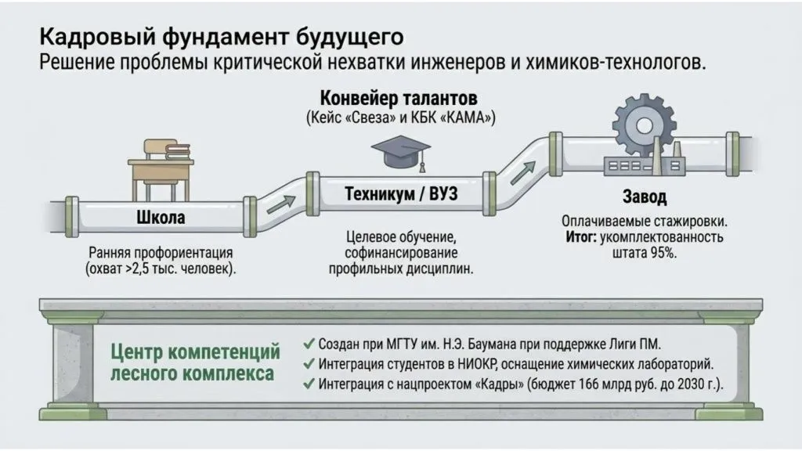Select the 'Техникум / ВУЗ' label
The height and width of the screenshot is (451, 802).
coord(401,194)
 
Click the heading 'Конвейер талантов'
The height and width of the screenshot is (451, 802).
coord(398,99)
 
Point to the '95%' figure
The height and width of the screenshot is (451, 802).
coord(664,253)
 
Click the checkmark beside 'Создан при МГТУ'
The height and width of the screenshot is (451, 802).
coord(308,344)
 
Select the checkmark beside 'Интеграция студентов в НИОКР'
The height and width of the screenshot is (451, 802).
coord(308,364)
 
